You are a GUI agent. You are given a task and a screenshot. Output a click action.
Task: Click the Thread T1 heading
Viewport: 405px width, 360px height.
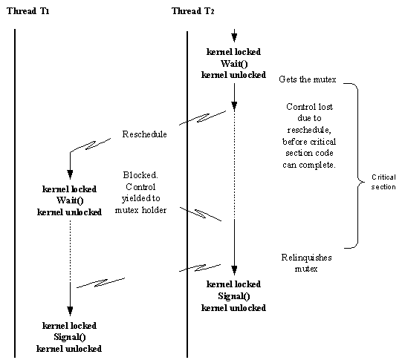[x=28, y=11]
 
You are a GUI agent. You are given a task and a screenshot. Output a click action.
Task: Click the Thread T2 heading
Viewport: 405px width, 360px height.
[x=193, y=11]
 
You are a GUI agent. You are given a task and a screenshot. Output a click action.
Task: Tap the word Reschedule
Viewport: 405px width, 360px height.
[x=144, y=134]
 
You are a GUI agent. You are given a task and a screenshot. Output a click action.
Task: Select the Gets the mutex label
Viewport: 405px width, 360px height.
[x=308, y=79]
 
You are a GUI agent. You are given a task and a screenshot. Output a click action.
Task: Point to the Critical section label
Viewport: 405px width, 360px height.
[x=383, y=182]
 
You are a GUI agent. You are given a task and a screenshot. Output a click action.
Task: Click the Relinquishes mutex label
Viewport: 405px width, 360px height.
[x=306, y=263]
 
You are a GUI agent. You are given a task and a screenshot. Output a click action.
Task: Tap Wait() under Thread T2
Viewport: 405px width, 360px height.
[x=234, y=64]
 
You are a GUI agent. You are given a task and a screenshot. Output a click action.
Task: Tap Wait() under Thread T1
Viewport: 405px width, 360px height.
[x=70, y=200]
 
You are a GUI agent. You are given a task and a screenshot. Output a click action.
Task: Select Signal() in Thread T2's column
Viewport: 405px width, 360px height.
[x=234, y=296]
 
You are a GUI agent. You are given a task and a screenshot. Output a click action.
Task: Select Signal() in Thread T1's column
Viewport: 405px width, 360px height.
[x=70, y=337]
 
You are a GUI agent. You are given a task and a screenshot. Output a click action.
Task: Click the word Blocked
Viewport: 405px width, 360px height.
[x=140, y=175]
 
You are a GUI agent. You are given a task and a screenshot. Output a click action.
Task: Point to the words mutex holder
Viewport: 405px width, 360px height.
[x=140, y=210]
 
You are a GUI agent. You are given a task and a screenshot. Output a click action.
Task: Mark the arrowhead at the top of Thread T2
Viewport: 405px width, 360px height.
[x=234, y=38]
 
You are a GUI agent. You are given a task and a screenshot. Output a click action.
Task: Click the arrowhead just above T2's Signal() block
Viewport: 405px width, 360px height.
[x=234, y=270]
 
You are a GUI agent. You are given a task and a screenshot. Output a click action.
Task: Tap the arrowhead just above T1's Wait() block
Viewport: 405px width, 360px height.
[x=70, y=174]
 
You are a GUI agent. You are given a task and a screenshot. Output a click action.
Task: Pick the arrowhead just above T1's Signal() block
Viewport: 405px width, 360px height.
[x=70, y=311]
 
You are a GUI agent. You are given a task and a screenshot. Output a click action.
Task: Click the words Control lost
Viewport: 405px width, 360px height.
[x=309, y=107]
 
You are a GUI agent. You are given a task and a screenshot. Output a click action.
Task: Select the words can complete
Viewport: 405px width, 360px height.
[x=309, y=165]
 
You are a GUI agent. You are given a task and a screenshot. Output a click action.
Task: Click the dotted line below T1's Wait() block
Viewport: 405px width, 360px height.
[x=71, y=251]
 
